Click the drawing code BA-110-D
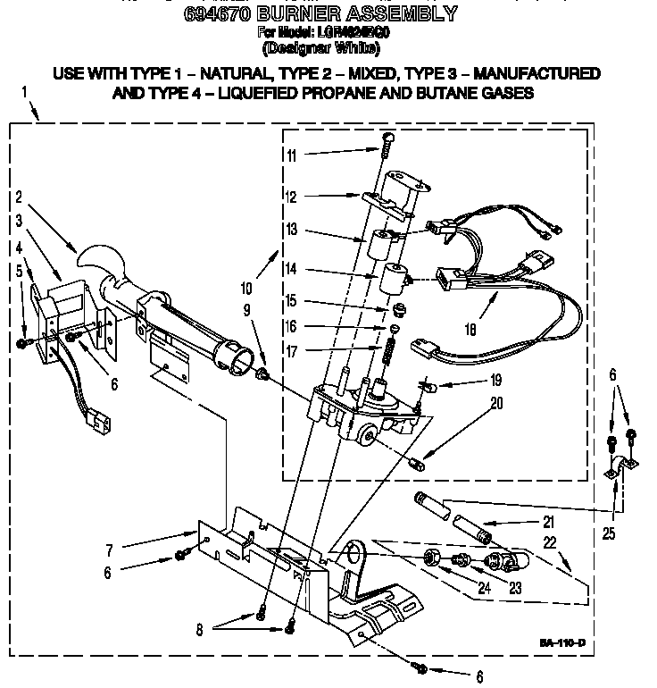[x=561, y=643]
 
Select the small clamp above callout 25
[x=620, y=466]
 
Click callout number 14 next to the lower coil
[x=291, y=268]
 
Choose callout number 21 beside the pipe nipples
[x=547, y=522]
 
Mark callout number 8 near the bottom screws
[x=199, y=629]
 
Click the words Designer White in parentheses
[x=328, y=50]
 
